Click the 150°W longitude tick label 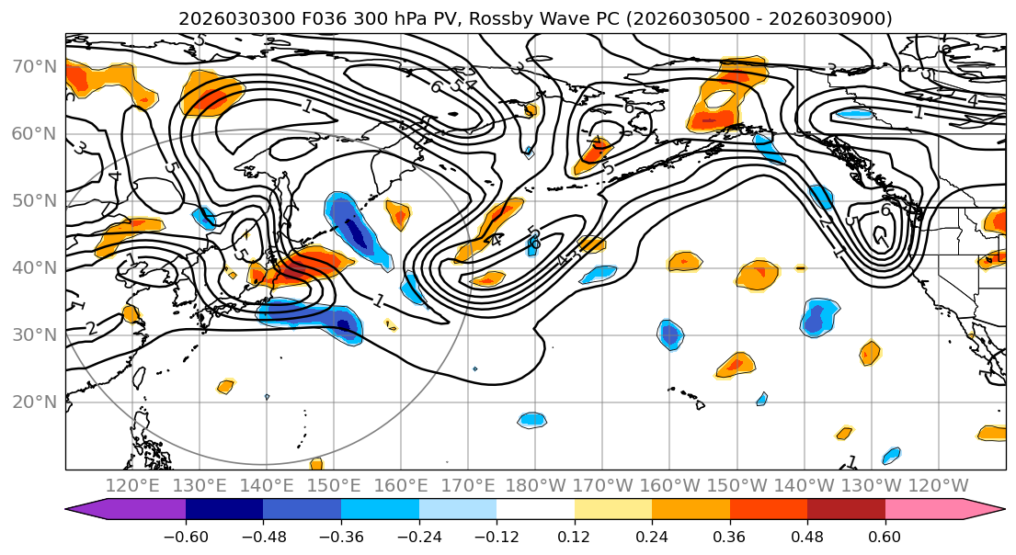736,486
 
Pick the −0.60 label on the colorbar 186,537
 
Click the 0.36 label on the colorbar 730,537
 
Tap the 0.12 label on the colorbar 575,537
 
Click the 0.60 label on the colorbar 885,537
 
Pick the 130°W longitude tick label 871,486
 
